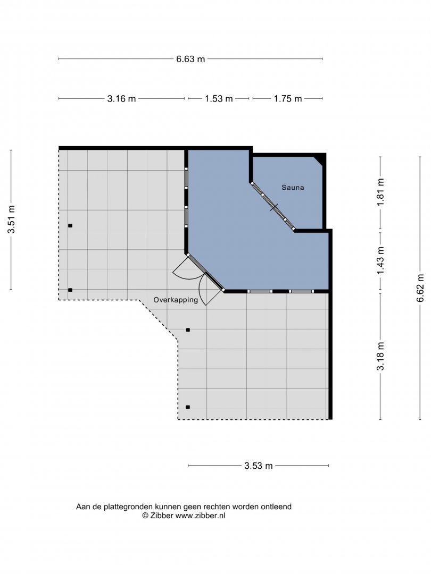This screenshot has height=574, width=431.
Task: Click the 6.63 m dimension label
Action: pos(190,59)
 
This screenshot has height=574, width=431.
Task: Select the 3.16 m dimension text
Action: pos(121,98)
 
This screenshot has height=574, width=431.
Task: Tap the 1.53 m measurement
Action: pos(219,98)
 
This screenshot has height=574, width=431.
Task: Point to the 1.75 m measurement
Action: pos(288,98)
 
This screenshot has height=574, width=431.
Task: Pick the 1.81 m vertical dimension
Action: pos(381,192)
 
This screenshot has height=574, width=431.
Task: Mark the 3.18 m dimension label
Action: pos(381,356)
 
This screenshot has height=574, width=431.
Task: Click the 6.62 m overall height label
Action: pos(420,288)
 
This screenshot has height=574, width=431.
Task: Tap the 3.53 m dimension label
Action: pos(259,466)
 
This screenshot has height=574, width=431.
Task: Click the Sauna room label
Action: pos(293,188)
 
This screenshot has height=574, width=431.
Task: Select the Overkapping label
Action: pos(176,300)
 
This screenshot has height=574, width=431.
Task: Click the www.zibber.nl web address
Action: pos(201,516)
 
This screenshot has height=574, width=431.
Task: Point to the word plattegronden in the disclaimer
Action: pos(128,507)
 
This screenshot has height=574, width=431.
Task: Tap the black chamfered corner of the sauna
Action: pos(320,159)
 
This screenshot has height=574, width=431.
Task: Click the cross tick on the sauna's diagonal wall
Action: pos(274,207)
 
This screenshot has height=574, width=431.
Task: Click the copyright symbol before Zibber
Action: pos(145,516)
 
